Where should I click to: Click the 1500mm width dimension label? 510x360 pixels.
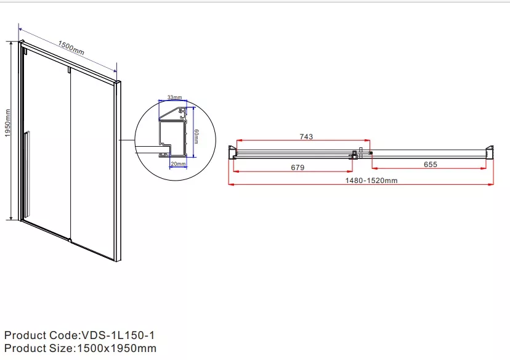(x=71, y=47)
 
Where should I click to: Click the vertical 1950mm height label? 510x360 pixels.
(x=8, y=123)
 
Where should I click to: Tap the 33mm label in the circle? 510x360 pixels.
(x=175, y=97)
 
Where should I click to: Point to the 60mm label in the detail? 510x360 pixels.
(x=196, y=136)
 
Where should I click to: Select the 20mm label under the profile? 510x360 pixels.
(x=178, y=164)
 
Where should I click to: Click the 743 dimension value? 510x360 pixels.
(x=306, y=137)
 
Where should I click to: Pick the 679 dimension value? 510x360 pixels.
(x=297, y=167)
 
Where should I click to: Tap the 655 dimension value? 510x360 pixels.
(x=431, y=165)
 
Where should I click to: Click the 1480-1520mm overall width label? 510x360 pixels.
(x=371, y=181)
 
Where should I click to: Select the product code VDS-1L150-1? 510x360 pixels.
(x=118, y=335)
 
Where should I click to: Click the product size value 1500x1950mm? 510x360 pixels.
(x=116, y=348)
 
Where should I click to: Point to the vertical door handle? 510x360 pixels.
(x=26, y=173)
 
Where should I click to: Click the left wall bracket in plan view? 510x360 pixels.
(x=232, y=152)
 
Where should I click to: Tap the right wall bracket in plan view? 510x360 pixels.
(x=490, y=152)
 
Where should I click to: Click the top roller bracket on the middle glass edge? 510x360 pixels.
(x=69, y=70)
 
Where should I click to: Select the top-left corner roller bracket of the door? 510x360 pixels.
(x=25, y=51)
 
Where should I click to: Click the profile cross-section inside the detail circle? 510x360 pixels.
(x=173, y=132)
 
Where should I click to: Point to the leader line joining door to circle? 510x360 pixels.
(x=127, y=141)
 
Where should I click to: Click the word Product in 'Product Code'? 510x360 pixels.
(x=25, y=335)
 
